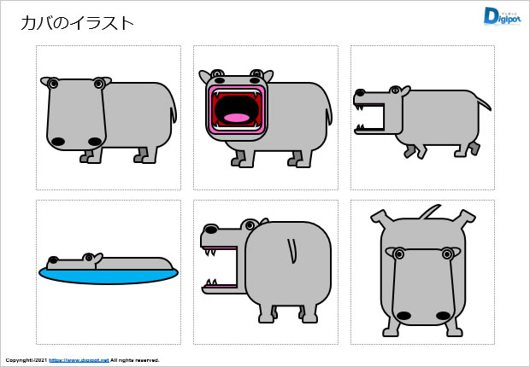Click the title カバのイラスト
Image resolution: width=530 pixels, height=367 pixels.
[x=78, y=23]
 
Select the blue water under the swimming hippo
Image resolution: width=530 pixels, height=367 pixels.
[x=109, y=275]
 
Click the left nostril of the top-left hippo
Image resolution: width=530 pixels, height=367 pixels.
[x=57, y=141]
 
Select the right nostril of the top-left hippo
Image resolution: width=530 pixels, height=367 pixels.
[x=95, y=141]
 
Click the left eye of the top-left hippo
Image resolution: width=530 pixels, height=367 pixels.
[x=53, y=84]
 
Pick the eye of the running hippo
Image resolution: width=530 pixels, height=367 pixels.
[x=395, y=90]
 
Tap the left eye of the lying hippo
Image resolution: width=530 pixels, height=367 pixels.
[x=397, y=253]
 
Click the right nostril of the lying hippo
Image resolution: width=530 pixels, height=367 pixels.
[x=443, y=316]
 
